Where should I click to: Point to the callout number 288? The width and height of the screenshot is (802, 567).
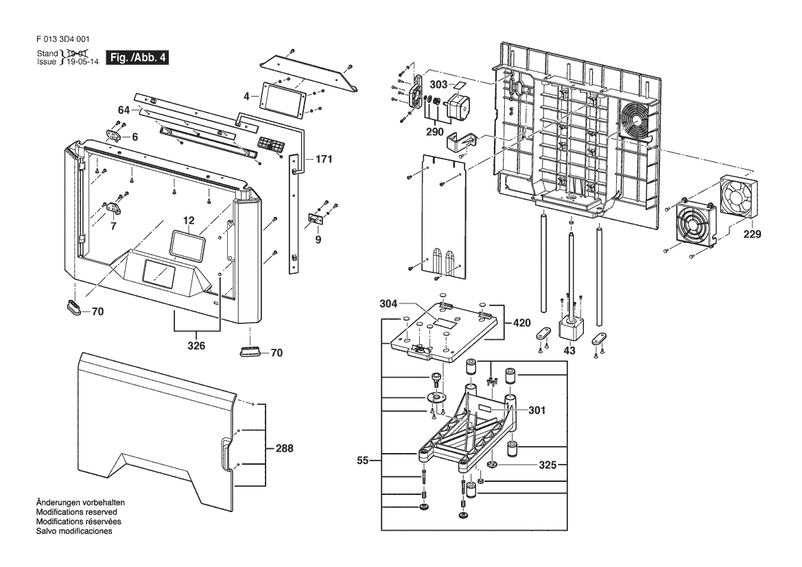tap(284, 448)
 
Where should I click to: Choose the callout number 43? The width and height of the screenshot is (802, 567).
tap(569, 350)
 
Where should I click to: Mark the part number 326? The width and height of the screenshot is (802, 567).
tap(196, 345)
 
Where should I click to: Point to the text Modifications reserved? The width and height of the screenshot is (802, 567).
tap(76, 512)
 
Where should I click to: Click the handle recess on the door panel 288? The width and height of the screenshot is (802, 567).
tap(224, 455)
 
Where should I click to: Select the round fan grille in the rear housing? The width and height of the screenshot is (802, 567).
tap(635, 121)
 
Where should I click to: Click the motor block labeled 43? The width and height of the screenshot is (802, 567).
tap(569, 327)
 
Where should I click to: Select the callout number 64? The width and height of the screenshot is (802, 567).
tap(123, 110)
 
